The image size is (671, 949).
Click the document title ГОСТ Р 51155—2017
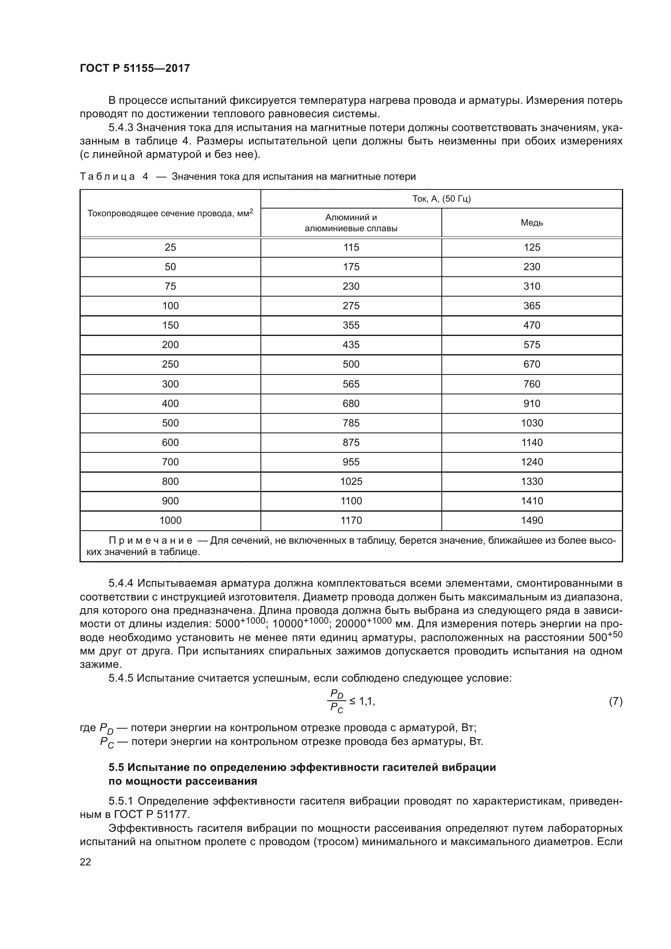(135, 68)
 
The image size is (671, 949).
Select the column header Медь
(532, 223)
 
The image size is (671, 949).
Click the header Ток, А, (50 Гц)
(441, 199)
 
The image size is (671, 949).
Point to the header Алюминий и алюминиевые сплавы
(351, 223)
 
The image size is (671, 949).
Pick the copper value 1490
(532, 521)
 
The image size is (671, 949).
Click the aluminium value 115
(351, 247)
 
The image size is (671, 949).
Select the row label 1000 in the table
(170, 521)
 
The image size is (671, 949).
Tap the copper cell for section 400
(532, 403)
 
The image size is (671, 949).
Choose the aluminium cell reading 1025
(351, 482)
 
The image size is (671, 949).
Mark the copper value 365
(532, 306)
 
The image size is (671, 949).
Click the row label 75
(170, 286)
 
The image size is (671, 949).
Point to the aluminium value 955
(351, 462)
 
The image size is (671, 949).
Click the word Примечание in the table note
(151, 540)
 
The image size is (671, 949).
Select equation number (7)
(616, 702)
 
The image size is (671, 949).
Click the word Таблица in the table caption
(108, 176)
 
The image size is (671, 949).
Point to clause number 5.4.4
(121, 583)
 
